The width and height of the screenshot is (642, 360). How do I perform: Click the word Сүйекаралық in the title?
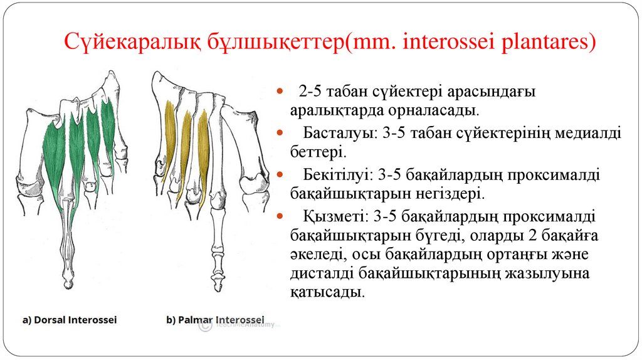point(134,43)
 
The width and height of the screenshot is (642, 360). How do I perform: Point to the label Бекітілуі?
point(335,175)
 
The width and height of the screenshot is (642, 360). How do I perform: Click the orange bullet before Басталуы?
point(280,134)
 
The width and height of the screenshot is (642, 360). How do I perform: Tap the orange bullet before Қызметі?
point(280,216)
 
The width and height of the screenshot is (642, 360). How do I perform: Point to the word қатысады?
point(326,292)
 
